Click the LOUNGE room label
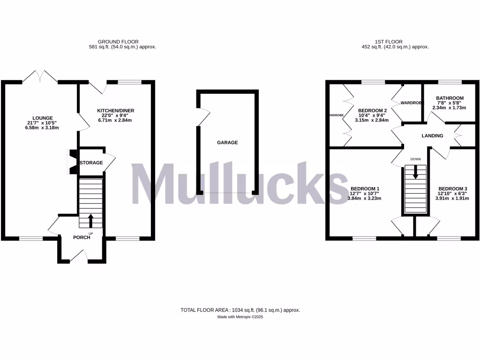(x=43, y=118)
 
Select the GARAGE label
(x=227, y=142)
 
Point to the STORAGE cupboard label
(x=91, y=163)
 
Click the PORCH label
(x=82, y=237)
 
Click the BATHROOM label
(x=450, y=98)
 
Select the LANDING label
(x=432, y=136)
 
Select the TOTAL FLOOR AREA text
(x=240, y=310)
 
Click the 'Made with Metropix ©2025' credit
(x=240, y=317)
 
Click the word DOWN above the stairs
(x=415, y=159)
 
